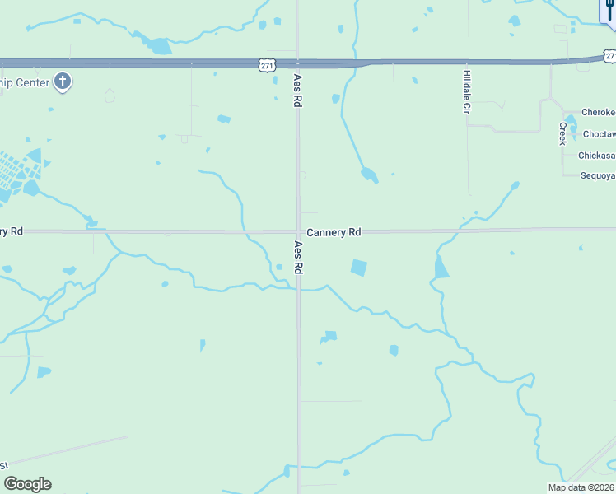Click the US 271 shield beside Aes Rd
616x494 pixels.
coord(265,64)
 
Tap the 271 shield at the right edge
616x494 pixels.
coord(609,55)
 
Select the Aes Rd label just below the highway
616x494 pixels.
coord(297,91)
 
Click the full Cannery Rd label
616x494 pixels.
coord(334,233)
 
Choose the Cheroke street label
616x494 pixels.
coord(599,113)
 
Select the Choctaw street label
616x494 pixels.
coord(599,133)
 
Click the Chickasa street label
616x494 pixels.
coord(597,155)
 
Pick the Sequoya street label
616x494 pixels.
coord(598,175)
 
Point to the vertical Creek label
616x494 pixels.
coord(562,133)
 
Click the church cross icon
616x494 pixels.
coord(63,81)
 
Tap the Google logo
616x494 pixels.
coord(27,484)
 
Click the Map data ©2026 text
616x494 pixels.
coord(581,487)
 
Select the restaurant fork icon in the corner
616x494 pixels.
coord(609,10)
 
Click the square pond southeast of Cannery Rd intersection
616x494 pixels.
coord(358,268)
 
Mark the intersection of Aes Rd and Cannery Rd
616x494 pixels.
coord(298,231)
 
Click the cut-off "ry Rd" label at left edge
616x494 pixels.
coord(11,231)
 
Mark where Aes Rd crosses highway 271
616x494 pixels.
coord(298,63)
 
